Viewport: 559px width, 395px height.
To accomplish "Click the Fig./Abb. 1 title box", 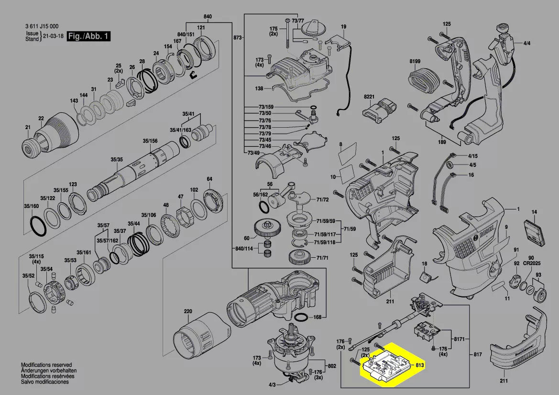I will [88, 37].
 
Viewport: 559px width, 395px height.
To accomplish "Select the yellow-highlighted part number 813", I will [420, 365].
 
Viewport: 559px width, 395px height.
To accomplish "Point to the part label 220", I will [187, 312].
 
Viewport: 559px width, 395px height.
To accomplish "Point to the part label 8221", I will [369, 97].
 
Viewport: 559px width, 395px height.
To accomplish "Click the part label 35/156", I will [150, 141].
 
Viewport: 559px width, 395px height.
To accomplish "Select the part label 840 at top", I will [208, 17].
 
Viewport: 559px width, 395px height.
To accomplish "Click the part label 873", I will [237, 37].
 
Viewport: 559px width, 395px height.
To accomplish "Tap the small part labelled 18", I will [425, 276].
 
